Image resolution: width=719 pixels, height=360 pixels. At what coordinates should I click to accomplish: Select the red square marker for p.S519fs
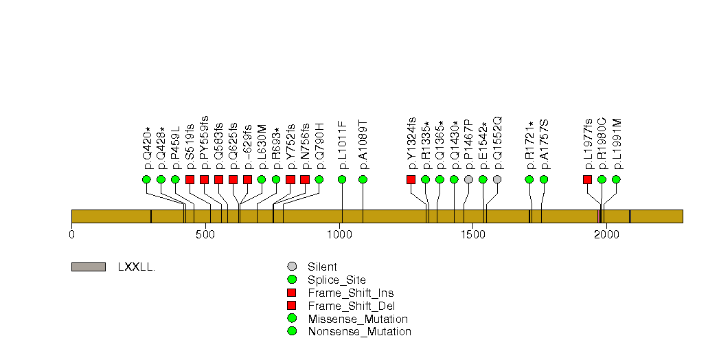(190, 179)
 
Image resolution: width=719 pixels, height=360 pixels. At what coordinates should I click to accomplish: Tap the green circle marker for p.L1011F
(341, 179)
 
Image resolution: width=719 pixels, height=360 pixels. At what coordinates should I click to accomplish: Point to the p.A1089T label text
(363, 146)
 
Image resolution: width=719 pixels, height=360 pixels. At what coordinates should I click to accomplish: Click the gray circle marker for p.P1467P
(468, 179)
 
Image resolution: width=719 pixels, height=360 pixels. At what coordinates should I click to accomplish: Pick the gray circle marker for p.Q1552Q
(497, 179)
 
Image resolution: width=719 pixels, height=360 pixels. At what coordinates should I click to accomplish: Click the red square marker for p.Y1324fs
(411, 179)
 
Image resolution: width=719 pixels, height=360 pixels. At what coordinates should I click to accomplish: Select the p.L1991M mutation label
(616, 144)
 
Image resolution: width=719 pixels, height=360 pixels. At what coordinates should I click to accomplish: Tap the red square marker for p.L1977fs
(587, 179)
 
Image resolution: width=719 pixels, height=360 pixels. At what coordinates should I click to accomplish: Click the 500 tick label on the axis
(205, 235)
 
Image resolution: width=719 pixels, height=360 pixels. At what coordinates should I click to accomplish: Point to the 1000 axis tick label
(339, 235)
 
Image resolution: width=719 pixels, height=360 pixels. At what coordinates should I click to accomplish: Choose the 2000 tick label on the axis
(606, 235)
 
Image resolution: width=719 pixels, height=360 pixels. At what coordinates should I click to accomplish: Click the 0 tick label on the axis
(71, 235)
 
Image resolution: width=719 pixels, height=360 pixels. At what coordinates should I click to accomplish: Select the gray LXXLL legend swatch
(89, 267)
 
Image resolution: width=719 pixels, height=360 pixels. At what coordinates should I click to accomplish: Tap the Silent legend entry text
(322, 267)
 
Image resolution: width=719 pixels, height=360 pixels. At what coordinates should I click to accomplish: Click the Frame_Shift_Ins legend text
(351, 293)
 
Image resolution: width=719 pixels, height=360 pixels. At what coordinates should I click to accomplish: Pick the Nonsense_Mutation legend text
(360, 332)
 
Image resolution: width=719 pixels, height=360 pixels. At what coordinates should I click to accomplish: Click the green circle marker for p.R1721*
(529, 179)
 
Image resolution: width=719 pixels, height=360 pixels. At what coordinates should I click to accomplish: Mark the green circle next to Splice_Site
(292, 280)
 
